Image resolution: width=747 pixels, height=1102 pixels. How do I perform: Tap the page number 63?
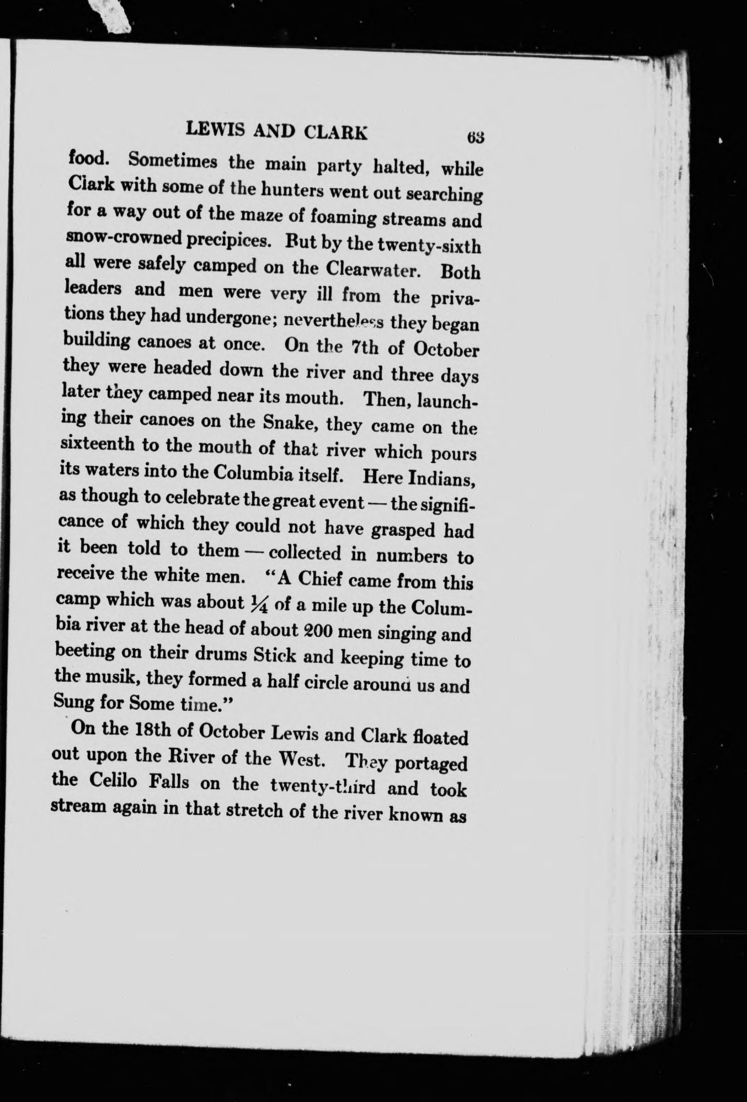474,136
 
